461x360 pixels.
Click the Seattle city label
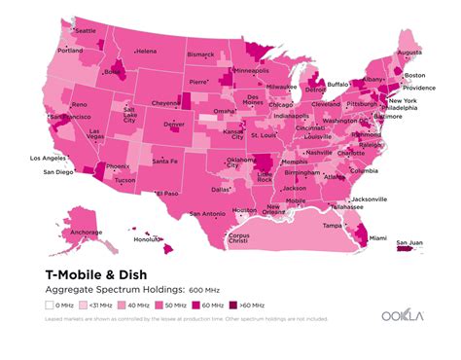click(x=86, y=31)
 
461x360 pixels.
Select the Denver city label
click(x=174, y=125)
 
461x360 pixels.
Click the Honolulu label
click(x=147, y=239)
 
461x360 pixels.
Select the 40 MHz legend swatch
click(x=122, y=306)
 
